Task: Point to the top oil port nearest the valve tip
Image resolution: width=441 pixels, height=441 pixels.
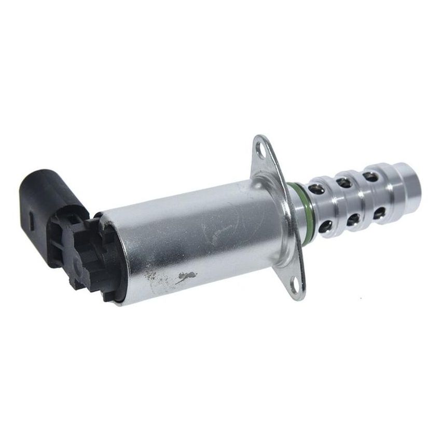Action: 370,176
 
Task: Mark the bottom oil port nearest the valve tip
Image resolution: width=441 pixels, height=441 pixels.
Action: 380,212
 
